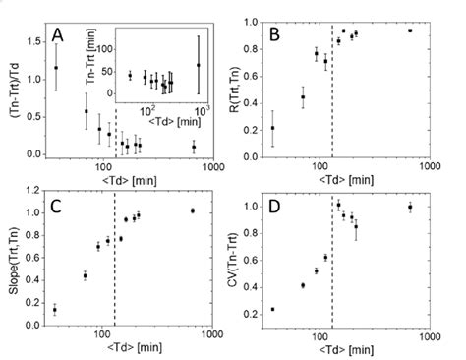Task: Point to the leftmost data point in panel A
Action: [56, 68]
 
